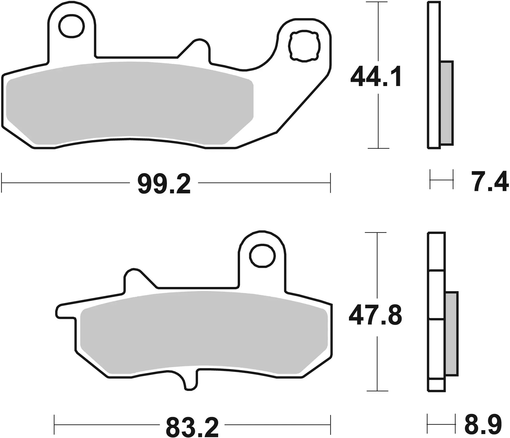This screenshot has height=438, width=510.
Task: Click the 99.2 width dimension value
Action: (x=164, y=184)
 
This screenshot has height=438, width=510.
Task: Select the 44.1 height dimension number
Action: (x=376, y=77)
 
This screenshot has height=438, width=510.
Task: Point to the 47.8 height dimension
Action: (x=375, y=315)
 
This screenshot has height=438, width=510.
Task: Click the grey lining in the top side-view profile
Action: (x=446, y=103)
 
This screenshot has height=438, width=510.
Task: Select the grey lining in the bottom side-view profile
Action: (x=451, y=333)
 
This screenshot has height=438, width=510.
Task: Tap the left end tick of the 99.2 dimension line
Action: (x=2, y=183)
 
